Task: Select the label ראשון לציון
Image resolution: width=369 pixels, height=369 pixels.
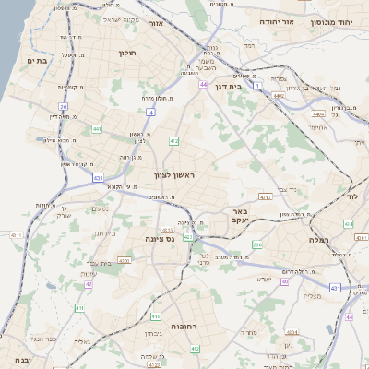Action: point(176,174)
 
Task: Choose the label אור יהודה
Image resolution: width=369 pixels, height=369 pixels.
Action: point(276,20)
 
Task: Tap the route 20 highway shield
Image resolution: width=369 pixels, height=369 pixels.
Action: point(64,106)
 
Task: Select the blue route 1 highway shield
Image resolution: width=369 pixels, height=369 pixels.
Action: point(259,85)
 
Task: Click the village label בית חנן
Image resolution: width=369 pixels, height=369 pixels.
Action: point(104,233)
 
